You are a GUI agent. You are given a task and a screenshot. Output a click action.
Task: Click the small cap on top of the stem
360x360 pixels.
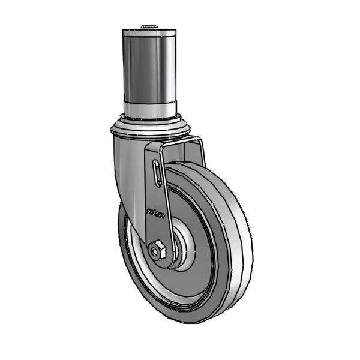(x=149, y=27)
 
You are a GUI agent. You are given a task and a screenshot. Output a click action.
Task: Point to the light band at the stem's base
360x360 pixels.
(x=150, y=109)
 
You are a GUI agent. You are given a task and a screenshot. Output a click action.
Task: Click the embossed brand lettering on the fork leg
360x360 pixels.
(x=155, y=211)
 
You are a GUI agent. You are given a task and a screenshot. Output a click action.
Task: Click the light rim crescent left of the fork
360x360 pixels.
(x=132, y=252)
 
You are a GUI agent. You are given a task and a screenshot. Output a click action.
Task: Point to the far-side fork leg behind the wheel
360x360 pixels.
(x=200, y=153)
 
